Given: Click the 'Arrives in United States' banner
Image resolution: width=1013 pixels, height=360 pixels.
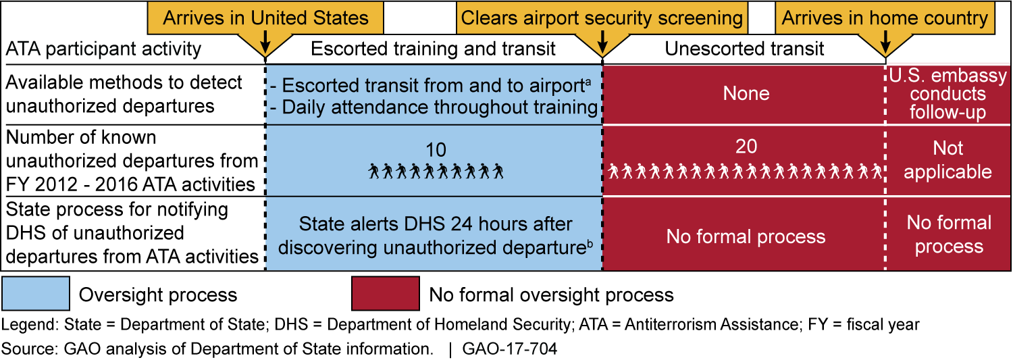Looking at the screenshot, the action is pos(265,18).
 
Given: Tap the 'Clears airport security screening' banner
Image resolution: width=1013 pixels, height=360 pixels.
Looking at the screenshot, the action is pos(602,18).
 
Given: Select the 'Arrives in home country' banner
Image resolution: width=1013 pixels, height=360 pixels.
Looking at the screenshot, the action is pos(885,18).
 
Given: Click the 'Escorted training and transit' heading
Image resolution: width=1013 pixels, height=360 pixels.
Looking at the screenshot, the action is pos(433,49).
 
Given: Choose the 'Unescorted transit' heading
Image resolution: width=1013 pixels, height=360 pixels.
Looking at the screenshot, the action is pos(744,49).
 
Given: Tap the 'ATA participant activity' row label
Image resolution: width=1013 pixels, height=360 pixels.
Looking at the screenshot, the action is pos(103,49).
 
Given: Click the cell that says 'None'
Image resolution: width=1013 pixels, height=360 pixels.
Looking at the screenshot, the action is pos(746,94).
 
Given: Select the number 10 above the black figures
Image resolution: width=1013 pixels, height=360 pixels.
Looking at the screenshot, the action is pos(436,150).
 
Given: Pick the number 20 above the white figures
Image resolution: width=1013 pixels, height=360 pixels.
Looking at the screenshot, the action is pos(746,146).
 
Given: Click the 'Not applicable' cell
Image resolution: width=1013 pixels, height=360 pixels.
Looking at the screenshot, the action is pos(948,160).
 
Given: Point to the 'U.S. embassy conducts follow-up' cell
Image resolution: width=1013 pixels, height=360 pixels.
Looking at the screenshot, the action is pos(948,94).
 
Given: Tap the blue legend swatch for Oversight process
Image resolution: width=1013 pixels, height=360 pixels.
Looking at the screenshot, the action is pos(36,294).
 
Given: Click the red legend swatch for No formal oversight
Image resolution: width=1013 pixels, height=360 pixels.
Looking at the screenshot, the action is pos(386,294).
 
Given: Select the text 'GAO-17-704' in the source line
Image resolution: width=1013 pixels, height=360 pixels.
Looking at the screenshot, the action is pos(510,349).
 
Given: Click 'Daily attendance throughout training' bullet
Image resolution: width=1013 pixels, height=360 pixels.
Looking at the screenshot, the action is pos(434,107).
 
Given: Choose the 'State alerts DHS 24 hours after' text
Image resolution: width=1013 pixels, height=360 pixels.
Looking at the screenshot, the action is pos(436,224).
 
